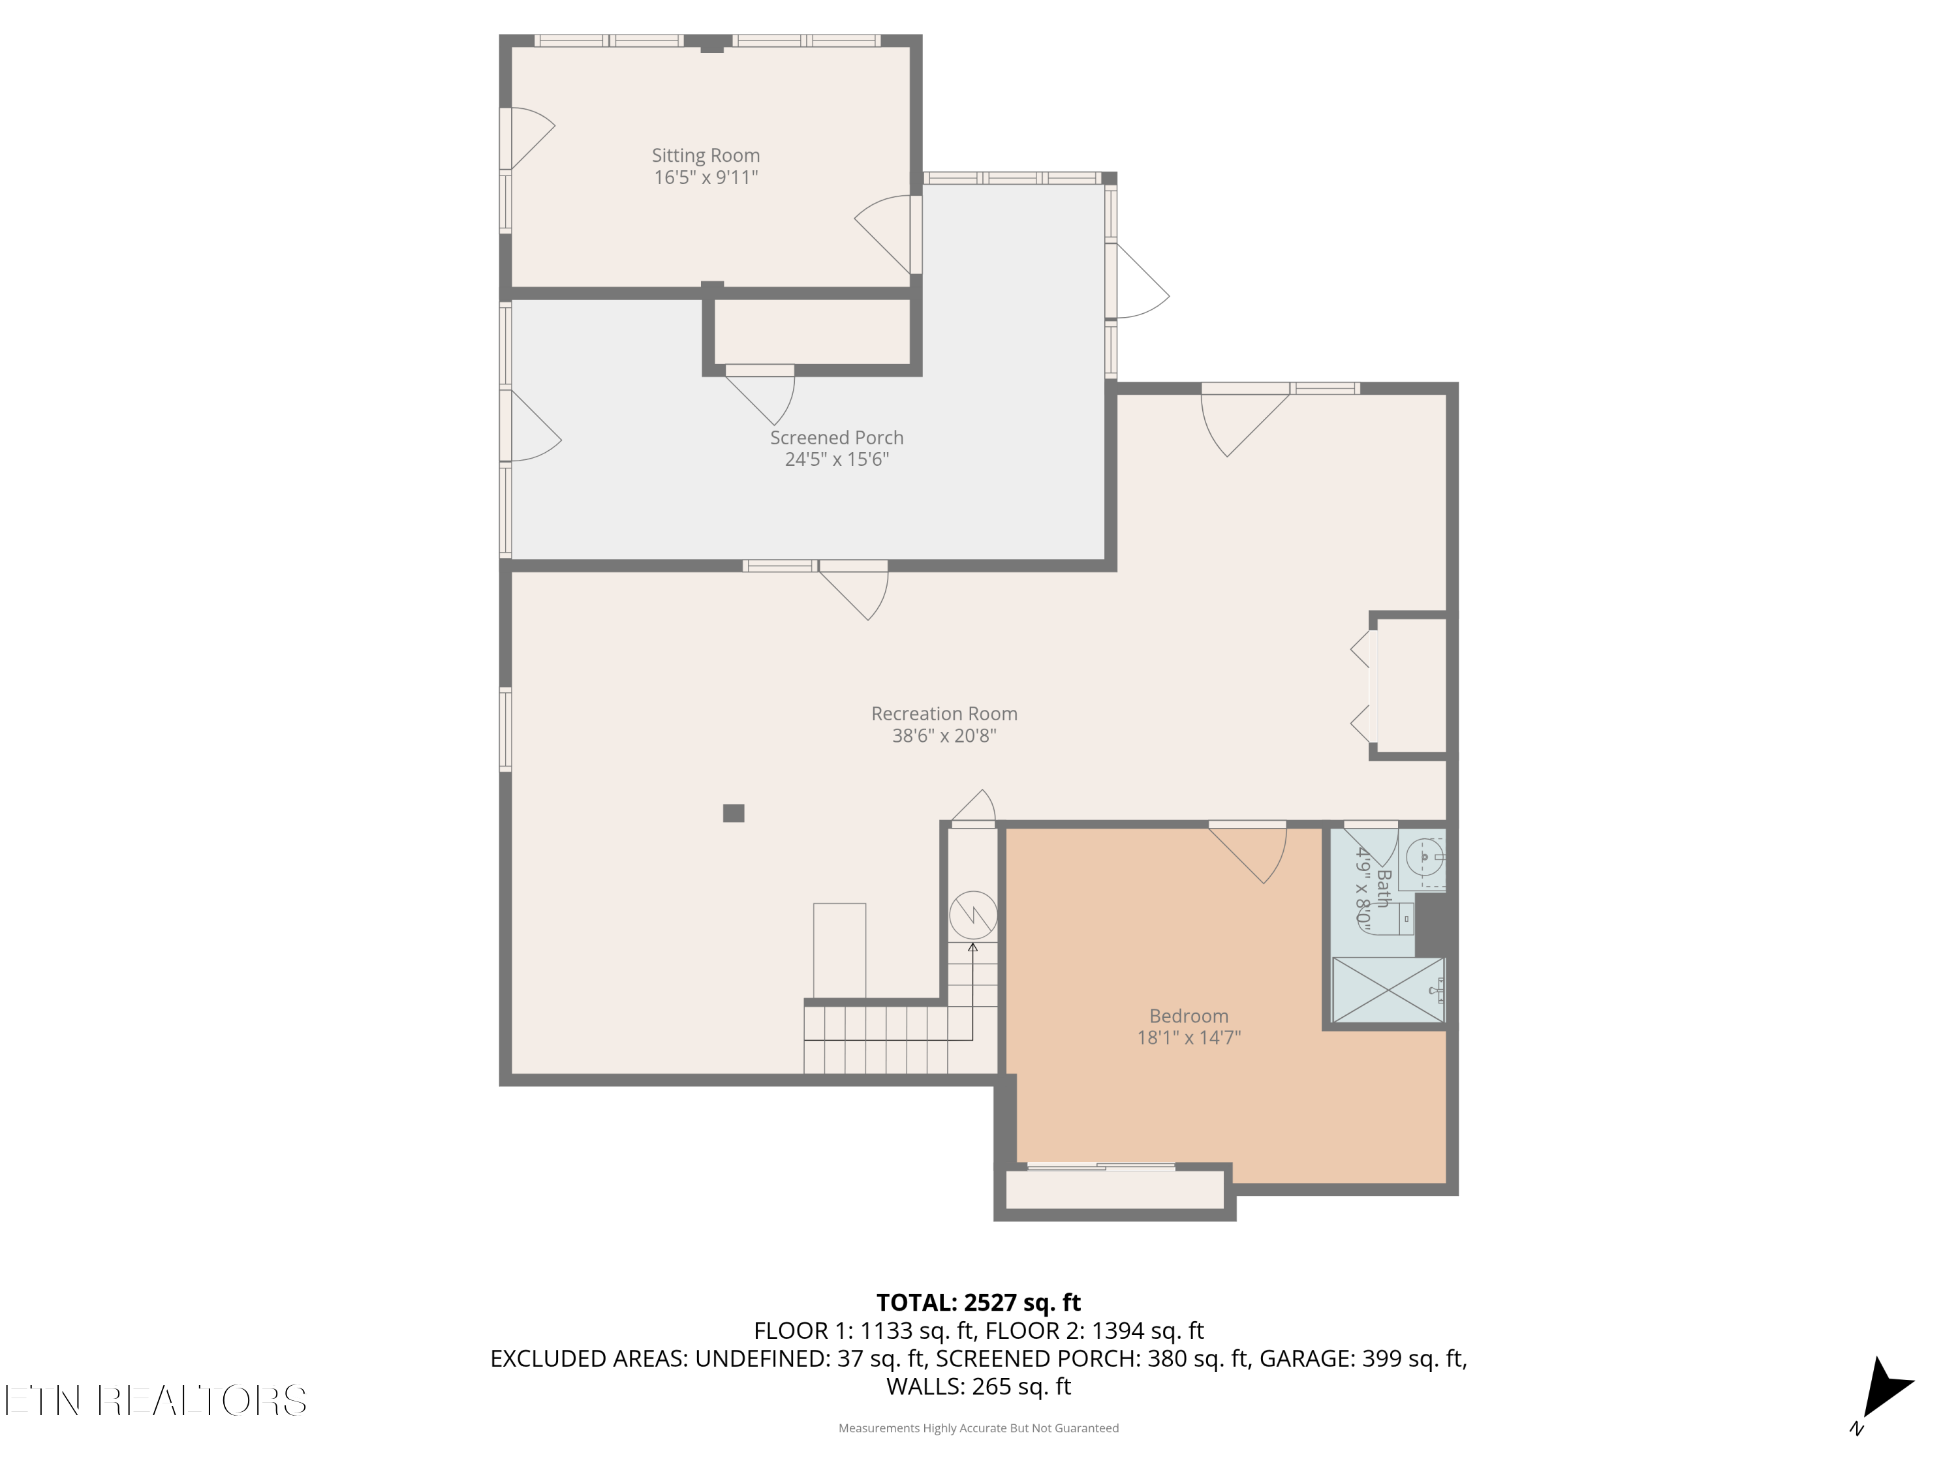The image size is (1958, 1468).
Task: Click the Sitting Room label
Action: [706, 156]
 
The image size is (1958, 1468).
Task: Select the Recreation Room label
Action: [944, 713]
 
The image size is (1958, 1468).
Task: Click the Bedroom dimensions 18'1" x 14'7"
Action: [1188, 1037]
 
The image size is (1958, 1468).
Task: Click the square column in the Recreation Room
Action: [733, 813]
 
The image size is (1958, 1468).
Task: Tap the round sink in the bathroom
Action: [1424, 857]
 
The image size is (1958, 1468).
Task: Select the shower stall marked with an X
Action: [1388, 989]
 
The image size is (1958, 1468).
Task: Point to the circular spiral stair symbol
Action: [973, 915]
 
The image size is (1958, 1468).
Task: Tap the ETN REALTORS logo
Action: [156, 1400]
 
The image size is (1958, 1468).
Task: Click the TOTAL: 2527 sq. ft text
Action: [978, 1302]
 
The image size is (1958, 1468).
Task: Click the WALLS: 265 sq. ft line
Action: [978, 1386]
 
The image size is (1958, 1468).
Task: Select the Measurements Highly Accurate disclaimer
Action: [978, 1428]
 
